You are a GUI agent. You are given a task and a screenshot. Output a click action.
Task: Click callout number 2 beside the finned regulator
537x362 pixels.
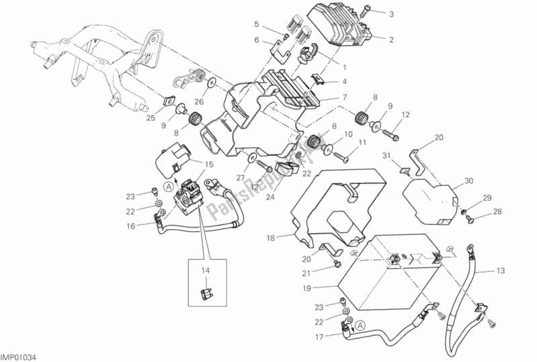[x=390, y=40]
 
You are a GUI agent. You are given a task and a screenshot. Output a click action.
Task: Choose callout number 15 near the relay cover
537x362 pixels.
[x=209, y=164]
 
